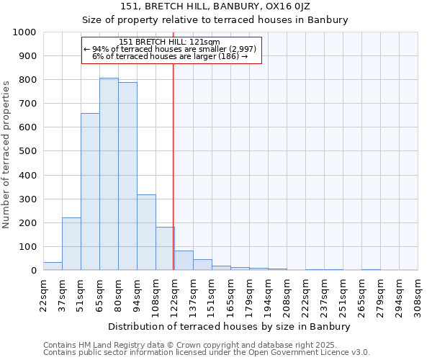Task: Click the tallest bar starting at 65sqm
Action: (109, 174)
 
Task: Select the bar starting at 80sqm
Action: (127, 176)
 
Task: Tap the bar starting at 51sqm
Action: (90, 192)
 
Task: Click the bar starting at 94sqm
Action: (146, 233)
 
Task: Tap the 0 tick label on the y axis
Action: (34, 271)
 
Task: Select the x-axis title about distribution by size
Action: (230, 326)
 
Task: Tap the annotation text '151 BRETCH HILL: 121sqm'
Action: (170, 42)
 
